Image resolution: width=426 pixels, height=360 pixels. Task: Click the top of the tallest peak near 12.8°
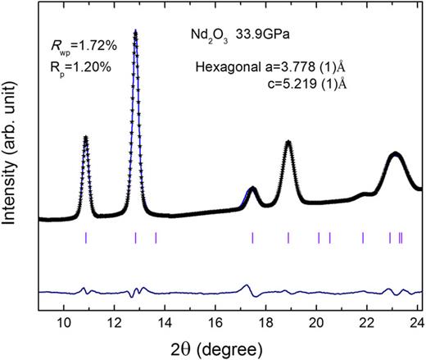click(x=135, y=33)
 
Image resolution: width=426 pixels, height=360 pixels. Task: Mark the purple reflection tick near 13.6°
click(x=156, y=238)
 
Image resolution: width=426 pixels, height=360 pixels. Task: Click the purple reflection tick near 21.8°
click(x=363, y=238)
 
